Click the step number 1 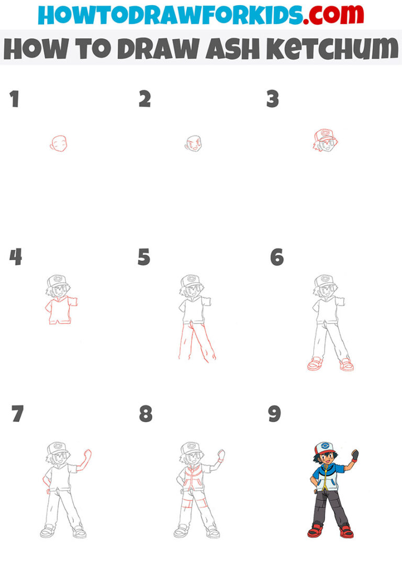tap(14, 99)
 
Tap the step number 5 tap(144, 257)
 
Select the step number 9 tap(274, 414)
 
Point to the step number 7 tap(17, 414)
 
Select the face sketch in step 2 tap(194, 142)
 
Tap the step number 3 tap(272, 99)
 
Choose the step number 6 tap(276, 257)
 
